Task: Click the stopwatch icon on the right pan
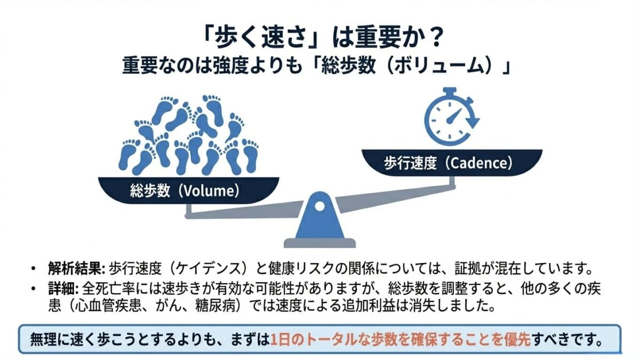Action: click(451, 117)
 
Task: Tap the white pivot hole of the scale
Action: click(319, 206)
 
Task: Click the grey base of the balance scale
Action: click(319, 243)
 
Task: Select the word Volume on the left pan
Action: click(209, 191)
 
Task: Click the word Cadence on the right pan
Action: click(479, 163)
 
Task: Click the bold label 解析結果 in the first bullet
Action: click(75, 268)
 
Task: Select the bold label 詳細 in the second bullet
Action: click(61, 289)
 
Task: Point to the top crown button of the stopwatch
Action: click(450, 91)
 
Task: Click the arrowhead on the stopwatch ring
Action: click(474, 122)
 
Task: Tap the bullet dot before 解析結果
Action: click(34, 269)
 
